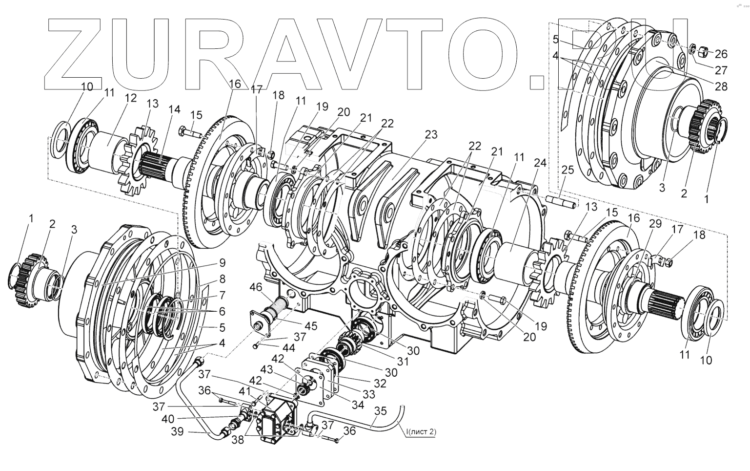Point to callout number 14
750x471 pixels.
(x=174, y=110)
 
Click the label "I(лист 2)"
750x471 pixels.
(x=420, y=432)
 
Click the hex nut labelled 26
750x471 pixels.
(x=704, y=50)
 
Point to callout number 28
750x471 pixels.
(x=721, y=86)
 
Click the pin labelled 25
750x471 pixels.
(x=561, y=199)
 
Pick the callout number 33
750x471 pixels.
(x=369, y=394)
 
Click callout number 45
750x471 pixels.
(x=310, y=325)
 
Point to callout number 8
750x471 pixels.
(x=222, y=279)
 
